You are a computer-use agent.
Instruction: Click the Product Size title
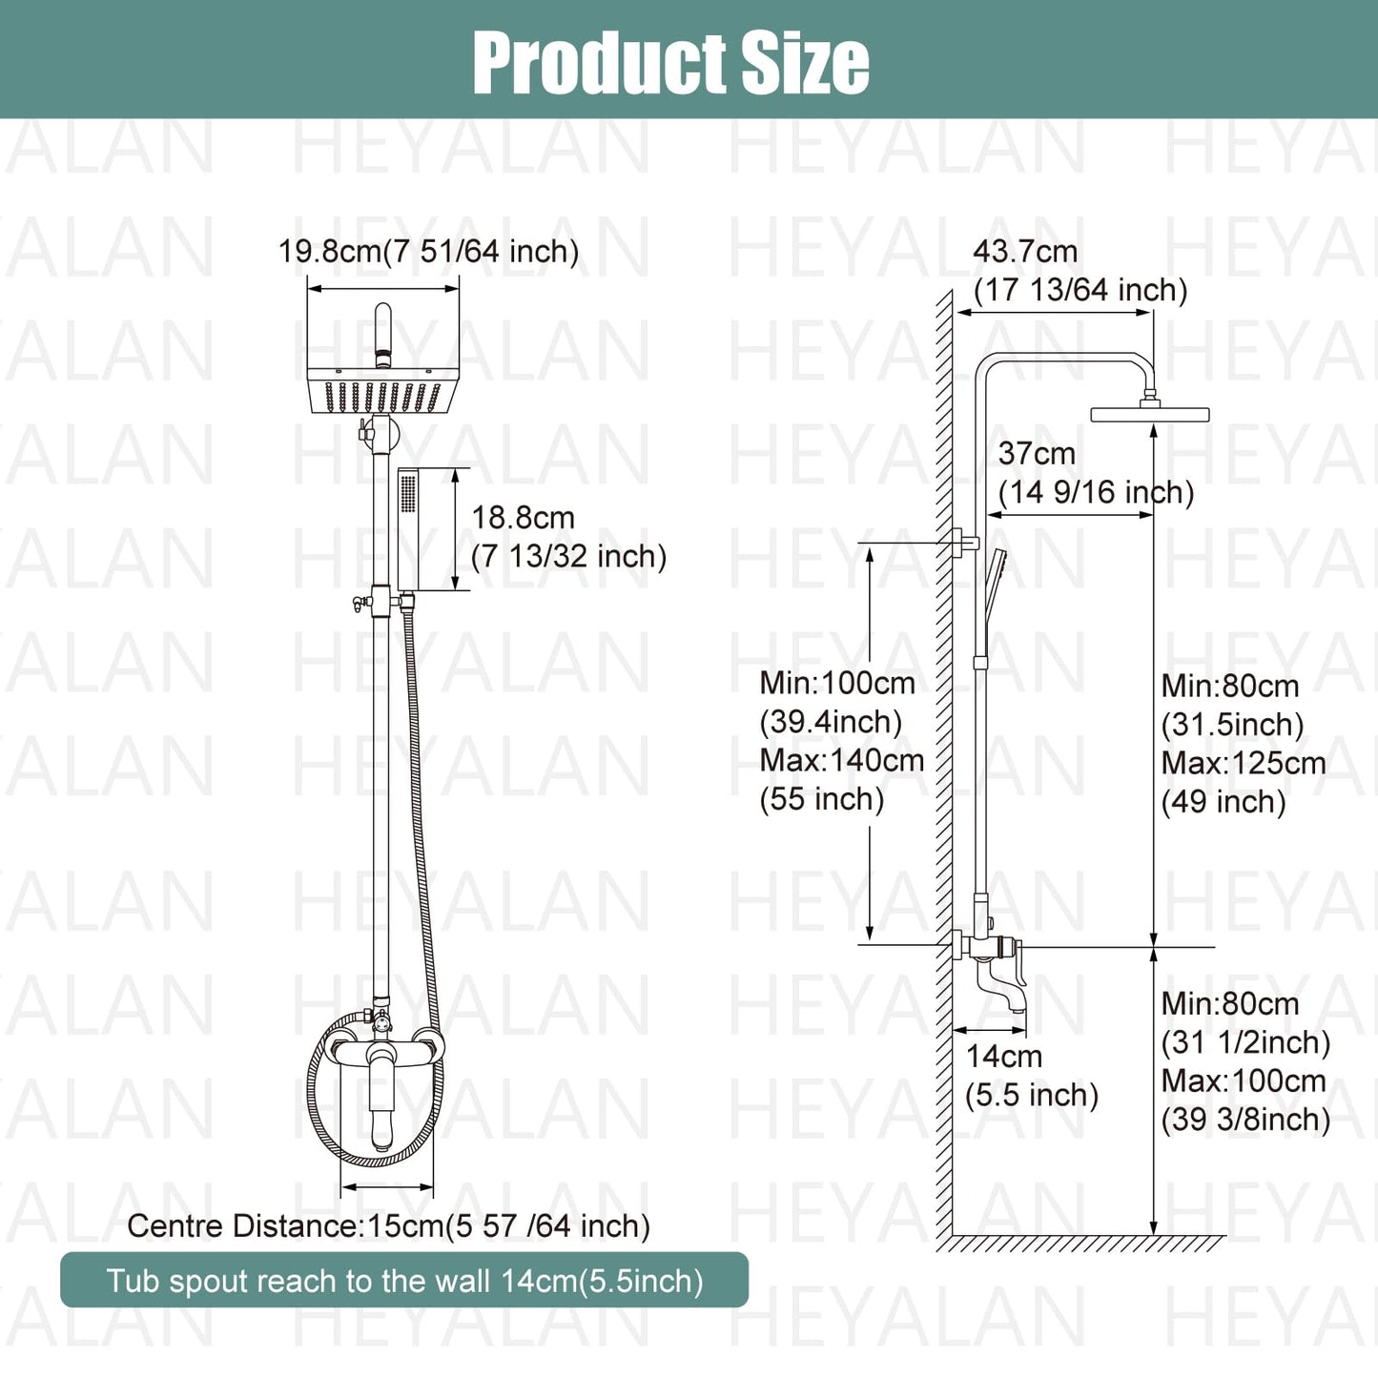pos(670,63)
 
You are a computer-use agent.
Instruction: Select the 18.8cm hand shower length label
pos(524,518)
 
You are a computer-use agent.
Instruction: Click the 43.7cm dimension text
pos(1025,252)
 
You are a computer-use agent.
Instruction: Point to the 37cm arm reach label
pos(1037,454)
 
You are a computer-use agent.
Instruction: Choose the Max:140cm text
pos(841,761)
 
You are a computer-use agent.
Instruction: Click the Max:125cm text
pos(1243,764)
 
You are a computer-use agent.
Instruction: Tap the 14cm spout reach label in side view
pos(1003,1057)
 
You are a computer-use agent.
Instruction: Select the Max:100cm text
pos(1243,1081)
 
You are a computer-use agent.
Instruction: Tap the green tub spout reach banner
pos(404,1281)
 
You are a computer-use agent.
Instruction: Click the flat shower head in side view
pos(1149,415)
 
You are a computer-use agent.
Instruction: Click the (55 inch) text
pos(822,799)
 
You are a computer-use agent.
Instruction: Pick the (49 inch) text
pos(1224,802)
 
